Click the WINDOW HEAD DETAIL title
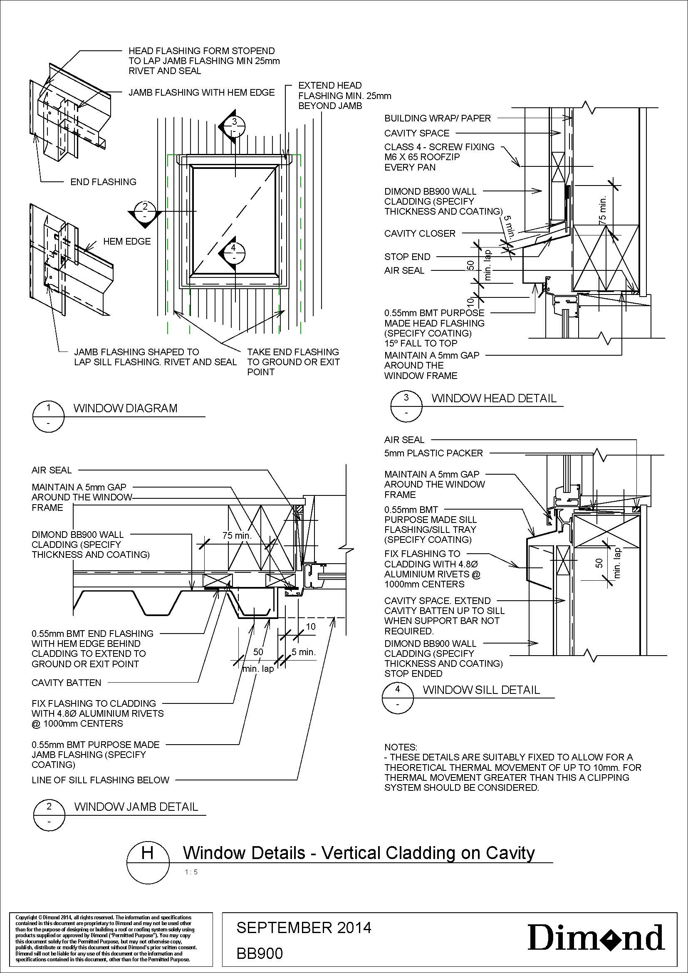(x=494, y=398)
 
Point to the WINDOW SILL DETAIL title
(x=481, y=689)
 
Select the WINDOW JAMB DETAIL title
(x=136, y=807)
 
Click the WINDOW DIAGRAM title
(x=125, y=408)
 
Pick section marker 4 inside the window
(x=232, y=253)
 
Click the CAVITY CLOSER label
(x=420, y=233)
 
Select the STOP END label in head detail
(x=407, y=257)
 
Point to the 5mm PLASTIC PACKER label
(x=433, y=453)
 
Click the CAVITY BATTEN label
(x=67, y=683)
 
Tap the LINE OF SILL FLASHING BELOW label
(x=100, y=780)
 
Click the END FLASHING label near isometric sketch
(x=104, y=182)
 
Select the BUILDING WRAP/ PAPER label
(x=438, y=118)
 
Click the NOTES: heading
(x=401, y=747)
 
